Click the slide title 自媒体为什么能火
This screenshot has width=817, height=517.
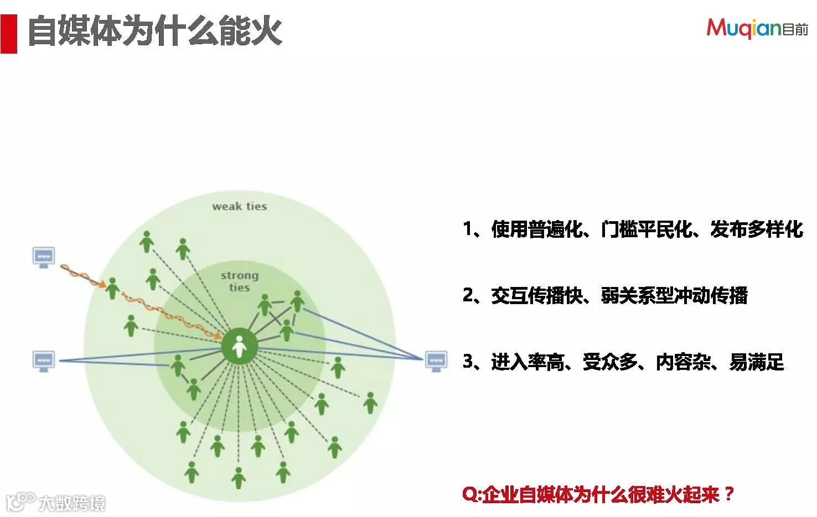coord(155,31)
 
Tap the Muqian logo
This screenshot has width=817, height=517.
coord(756,28)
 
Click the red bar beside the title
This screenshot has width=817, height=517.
coord(8,34)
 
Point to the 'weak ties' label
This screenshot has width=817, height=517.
coord(239,206)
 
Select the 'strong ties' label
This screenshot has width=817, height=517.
coord(239,281)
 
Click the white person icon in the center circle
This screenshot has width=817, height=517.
coord(239,347)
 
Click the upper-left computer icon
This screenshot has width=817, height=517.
coord(43,257)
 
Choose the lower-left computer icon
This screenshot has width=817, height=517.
coord(43,361)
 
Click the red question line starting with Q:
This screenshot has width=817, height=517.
coord(598,494)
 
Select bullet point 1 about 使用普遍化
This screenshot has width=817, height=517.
coord(633,229)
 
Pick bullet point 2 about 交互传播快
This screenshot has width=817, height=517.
coord(605,295)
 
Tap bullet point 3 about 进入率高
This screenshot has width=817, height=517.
coord(623,362)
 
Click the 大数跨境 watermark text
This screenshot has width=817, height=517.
coord(71,503)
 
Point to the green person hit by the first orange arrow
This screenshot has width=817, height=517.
coord(113,288)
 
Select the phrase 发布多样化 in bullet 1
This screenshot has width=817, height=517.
coord(756,229)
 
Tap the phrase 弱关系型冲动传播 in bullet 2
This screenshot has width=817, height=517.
coord(674,295)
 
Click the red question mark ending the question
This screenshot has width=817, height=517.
coord(728,493)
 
